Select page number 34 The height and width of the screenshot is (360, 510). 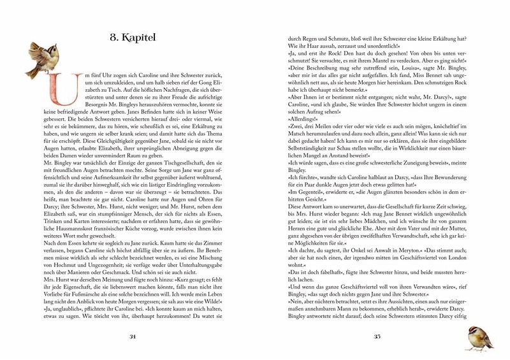point(133,337)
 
